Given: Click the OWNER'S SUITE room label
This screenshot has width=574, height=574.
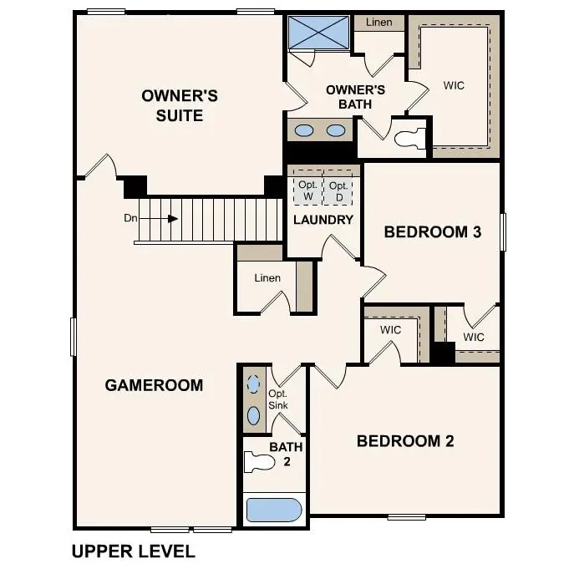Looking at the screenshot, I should [x=179, y=105].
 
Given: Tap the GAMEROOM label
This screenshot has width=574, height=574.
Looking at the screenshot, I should [x=154, y=385].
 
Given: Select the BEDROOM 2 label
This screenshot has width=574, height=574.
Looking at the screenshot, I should [x=405, y=441].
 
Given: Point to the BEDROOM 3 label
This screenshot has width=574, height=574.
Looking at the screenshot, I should [x=432, y=231].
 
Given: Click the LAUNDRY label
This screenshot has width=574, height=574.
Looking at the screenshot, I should [x=323, y=220].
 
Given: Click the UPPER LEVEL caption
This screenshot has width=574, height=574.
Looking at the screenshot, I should [x=133, y=551].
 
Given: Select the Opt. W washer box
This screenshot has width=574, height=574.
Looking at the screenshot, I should [x=307, y=190].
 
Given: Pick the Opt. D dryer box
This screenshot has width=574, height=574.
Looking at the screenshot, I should [x=338, y=190].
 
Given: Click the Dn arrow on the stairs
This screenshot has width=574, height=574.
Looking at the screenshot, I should [x=170, y=219].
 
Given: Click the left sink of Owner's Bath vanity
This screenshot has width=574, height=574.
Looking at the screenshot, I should [x=305, y=130].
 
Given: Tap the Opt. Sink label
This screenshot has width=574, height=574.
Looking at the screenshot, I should [x=278, y=399].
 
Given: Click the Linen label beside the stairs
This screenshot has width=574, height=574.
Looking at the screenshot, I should [x=267, y=278].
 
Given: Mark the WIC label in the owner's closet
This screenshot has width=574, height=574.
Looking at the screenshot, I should [x=454, y=85].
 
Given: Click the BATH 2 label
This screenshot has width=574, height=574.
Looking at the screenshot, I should [x=285, y=454].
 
